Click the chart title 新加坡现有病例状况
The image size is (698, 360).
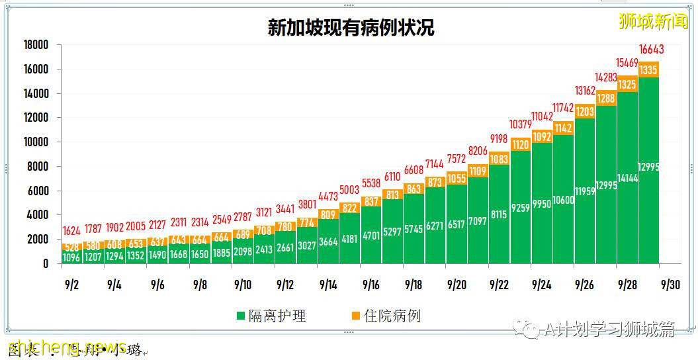click(351, 28)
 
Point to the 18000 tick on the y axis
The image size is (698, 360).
click(36, 45)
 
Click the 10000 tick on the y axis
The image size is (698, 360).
click(36, 142)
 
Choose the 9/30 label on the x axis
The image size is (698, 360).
click(669, 285)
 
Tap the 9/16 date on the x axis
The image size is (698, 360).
click(371, 285)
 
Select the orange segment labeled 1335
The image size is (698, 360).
click(648, 69)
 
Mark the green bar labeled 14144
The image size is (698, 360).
click(627, 177)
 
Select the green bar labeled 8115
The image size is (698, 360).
click(499, 214)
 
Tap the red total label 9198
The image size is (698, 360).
click(499, 139)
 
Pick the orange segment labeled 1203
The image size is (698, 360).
click(584, 112)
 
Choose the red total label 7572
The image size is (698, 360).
click(457, 159)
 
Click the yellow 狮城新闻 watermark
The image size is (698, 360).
click(653, 21)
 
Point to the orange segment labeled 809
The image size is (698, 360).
click(328, 214)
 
